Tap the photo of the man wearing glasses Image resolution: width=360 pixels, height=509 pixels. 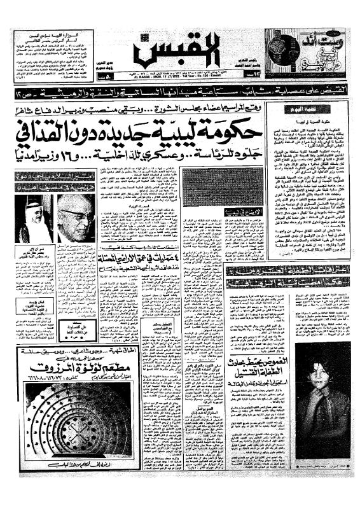click(74, 218)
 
